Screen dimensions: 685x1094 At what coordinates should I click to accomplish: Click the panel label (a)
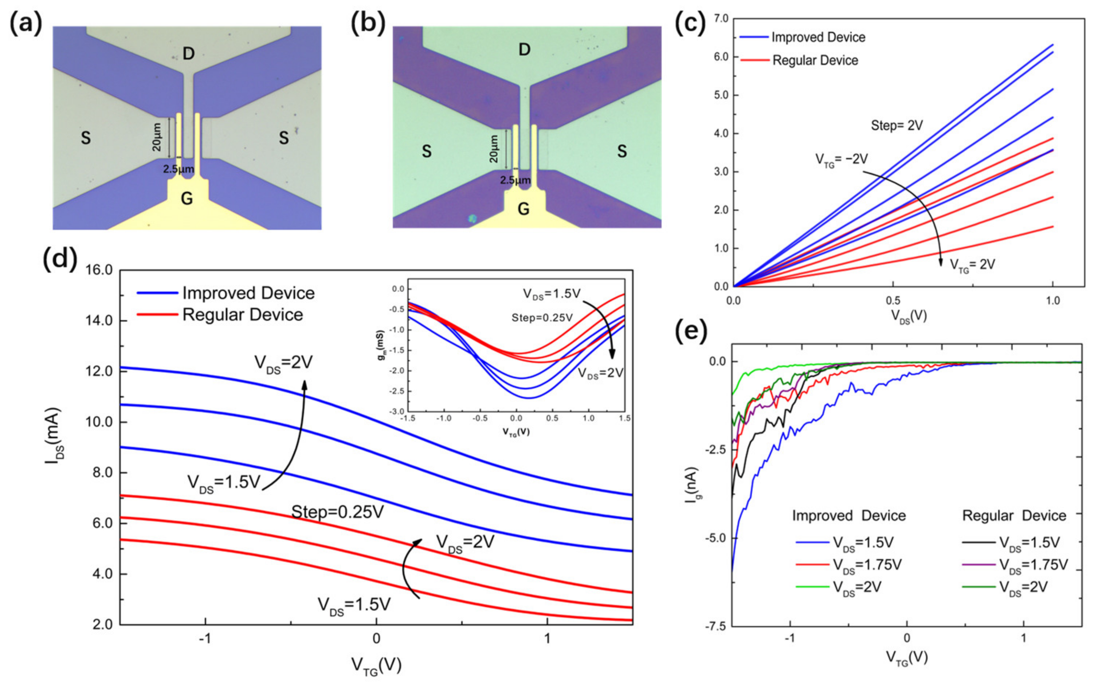coord(26,24)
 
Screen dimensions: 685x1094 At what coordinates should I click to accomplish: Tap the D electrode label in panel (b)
coord(524,49)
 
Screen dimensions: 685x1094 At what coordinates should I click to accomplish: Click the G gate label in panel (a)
coord(187,198)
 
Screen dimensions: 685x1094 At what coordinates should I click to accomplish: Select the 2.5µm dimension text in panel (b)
coord(515,180)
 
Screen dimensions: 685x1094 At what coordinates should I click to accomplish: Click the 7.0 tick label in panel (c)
coord(720,19)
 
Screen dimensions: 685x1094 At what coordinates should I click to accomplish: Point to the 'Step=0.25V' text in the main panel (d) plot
coord(338,512)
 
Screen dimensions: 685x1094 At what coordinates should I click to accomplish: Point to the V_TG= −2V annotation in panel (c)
coord(842,159)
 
